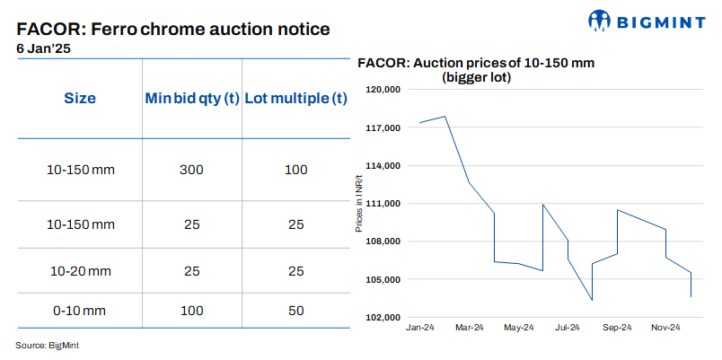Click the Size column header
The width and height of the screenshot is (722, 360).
click(79, 98)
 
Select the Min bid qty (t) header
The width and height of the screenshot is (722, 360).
click(192, 98)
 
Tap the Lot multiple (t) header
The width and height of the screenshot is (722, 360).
click(295, 98)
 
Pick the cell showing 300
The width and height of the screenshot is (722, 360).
click(192, 170)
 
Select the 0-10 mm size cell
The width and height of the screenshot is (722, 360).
click(79, 311)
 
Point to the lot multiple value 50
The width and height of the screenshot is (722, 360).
click(295, 311)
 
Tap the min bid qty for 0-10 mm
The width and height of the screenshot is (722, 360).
click(192, 311)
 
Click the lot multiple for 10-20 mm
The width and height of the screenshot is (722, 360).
click(295, 270)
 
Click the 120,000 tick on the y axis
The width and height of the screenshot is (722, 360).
click(383, 91)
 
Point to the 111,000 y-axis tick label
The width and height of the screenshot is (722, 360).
click(383, 204)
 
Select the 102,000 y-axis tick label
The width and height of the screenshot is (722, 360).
click(383, 318)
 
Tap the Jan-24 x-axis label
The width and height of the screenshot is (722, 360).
click(420, 327)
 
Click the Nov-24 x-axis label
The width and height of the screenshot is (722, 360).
click(665, 327)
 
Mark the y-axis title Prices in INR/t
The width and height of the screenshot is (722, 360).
click(359, 203)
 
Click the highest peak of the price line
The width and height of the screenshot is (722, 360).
click(445, 117)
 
